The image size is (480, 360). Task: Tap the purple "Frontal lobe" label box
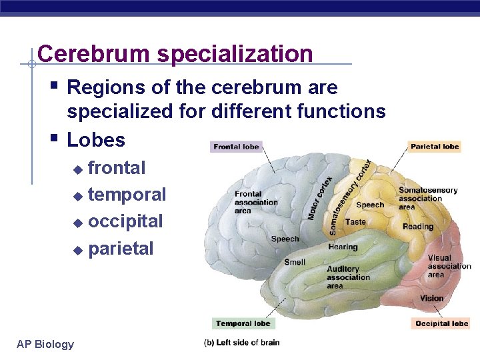(237, 147)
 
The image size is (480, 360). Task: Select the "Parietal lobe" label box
(435, 147)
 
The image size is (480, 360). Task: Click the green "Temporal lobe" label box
(243, 323)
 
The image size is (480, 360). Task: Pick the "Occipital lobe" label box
(441, 324)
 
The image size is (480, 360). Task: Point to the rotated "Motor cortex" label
(320, 198)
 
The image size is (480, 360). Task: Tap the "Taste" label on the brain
(355, 222)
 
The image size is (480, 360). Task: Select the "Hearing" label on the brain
(343, 247)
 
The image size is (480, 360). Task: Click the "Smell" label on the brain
(295, 262)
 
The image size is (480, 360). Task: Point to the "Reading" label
(418, 227)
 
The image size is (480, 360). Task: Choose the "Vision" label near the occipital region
(432, 298)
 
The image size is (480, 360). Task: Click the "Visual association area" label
(449, 266)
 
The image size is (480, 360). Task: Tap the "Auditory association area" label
(348, 277)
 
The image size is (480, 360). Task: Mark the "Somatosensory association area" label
(428, 198)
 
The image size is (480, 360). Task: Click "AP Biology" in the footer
(45, 344)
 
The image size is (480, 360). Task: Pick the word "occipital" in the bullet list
(125, 221)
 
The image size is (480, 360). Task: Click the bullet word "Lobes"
(96, 140)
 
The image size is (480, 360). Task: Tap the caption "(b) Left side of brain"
(241, 343)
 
